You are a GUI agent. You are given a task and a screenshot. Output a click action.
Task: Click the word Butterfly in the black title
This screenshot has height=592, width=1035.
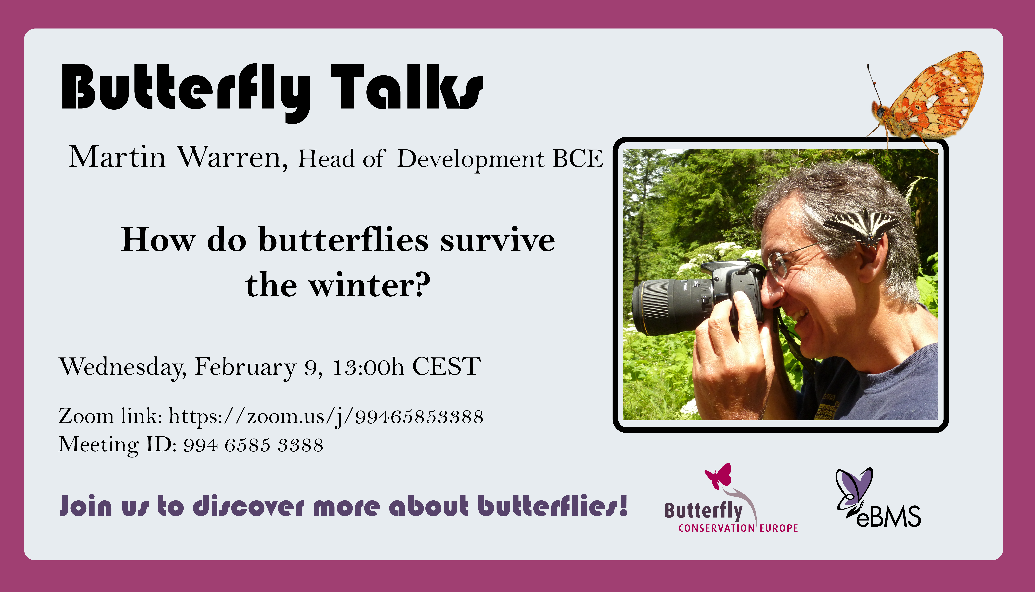(186, 93)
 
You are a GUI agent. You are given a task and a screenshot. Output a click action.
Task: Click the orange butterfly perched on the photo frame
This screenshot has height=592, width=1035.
(926, 100)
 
